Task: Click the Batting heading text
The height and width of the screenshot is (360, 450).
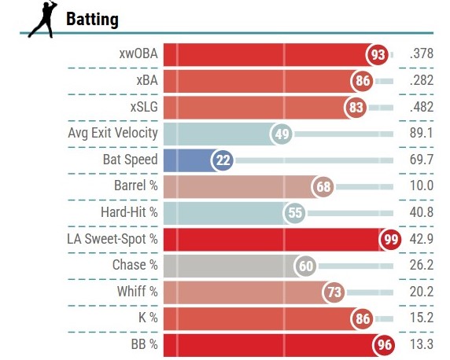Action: [x=92, y=19]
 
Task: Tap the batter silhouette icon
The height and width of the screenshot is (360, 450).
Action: [x=43, y=19]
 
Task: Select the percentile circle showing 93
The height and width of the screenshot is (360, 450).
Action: [x=377, y=54]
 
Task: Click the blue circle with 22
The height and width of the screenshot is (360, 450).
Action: [x=222, y=160]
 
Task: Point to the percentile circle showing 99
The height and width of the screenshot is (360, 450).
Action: [x=390, y=239]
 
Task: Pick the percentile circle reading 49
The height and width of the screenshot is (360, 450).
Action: [x=282, y=134]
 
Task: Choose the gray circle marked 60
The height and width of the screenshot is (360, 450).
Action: [x=305, y=266]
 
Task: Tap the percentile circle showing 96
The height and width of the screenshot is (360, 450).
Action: [x=384, y=345]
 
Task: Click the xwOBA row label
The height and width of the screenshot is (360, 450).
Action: [x=138, y=53]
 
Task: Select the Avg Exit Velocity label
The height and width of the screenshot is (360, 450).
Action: [x=112, y=133]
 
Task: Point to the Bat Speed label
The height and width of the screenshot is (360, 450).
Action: [x=131, y=160]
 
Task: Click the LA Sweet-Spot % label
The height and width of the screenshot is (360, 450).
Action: [x=112, y=239]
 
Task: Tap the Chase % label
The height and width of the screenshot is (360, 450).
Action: [x=135, y=265]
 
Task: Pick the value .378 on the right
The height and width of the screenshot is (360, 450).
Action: [x=422, y=53]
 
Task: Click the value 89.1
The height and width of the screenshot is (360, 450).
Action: [x=422, y=133]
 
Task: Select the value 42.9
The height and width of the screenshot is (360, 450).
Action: [x=422, y=239]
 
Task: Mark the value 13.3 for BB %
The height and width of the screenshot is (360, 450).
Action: [x=422, y=344]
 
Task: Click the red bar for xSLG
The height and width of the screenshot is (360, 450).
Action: [x=256, y=107]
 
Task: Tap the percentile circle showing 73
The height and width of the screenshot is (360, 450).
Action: [x=334, y=292]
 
